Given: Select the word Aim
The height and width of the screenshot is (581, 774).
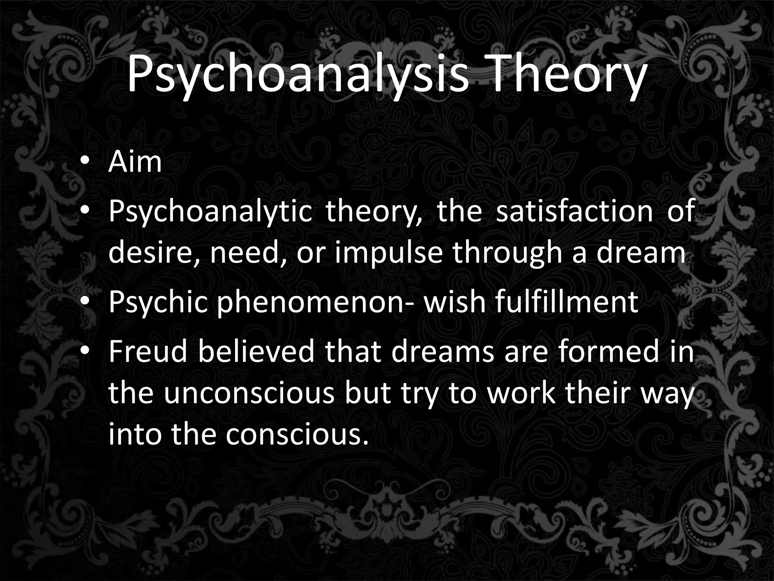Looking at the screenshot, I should coord(135,162).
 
